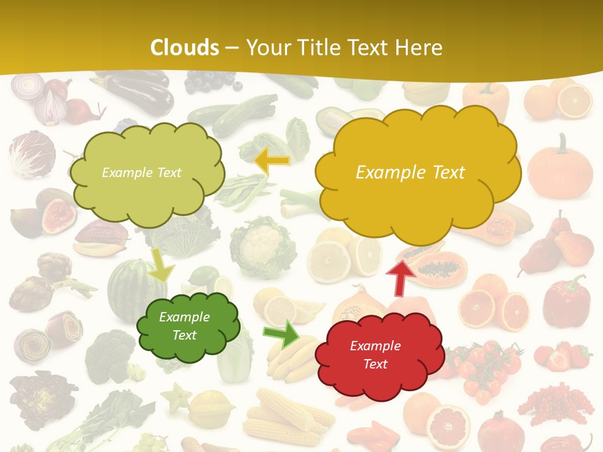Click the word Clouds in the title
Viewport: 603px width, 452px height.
[x=185, y=48]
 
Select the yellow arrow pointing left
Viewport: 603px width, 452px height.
[x=273, y=161]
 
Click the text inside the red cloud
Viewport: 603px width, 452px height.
[x=375, y=355]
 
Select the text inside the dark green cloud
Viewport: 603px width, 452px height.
[x=184, y=326]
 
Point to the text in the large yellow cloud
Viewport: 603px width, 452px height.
[x=410, y=172]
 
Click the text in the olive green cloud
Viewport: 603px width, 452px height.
[x=141, y=172]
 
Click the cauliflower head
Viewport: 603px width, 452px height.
[x=263, y=247]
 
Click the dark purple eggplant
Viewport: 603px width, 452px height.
[x=141, y=94]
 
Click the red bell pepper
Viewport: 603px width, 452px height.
[x=567, y=301]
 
